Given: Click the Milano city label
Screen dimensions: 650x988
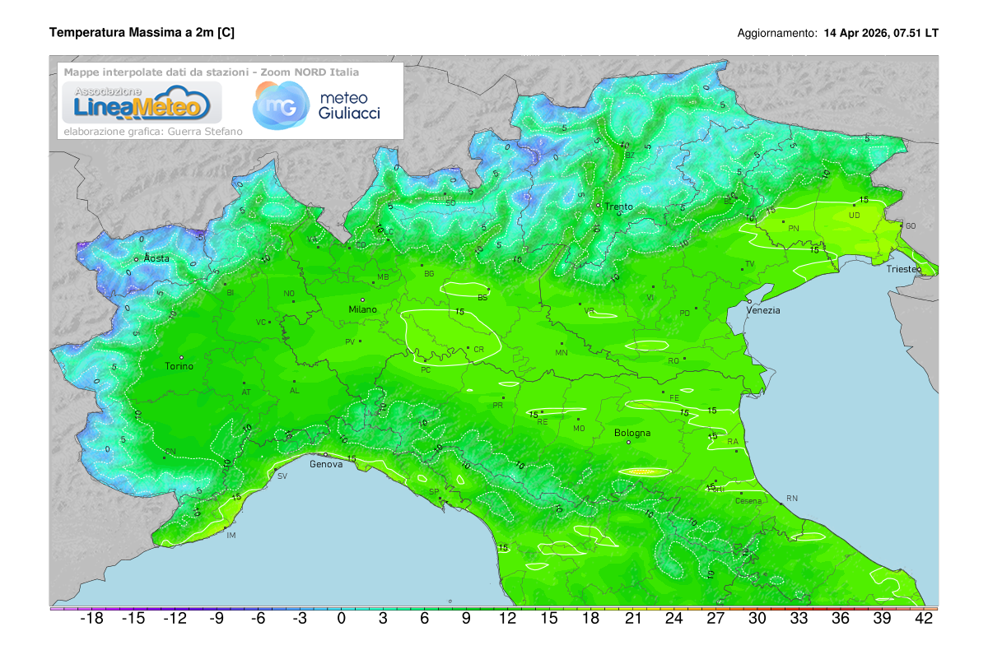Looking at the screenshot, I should [x=362, y=309].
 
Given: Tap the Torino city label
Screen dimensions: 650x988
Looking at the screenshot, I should [x=179, y=366].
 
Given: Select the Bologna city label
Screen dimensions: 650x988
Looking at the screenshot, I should [x=632, y=433].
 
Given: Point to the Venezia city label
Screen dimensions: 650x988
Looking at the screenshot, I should [x=763, y=310].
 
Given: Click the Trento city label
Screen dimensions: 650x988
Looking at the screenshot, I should [x=618, y=207].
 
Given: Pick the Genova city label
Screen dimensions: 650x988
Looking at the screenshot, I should [x=325, y=464].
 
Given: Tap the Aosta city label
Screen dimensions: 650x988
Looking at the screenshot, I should [x=156, y=258].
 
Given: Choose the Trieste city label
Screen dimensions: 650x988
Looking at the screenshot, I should [x=904, y=269].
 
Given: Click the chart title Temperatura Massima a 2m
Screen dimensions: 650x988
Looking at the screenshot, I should [x=142, y=33].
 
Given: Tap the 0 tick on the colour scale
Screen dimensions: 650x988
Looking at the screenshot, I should [x=341, y=620].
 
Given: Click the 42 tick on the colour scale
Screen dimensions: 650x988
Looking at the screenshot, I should [x=924, y=620].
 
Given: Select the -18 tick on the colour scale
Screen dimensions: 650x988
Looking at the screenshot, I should [x=91, y=620].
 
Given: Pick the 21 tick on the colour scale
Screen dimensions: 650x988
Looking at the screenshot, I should [x=632, y=620].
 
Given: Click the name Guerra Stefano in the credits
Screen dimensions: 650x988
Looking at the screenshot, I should [x=206, y=131].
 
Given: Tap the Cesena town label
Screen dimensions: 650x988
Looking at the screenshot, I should [x=748, y=501].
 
